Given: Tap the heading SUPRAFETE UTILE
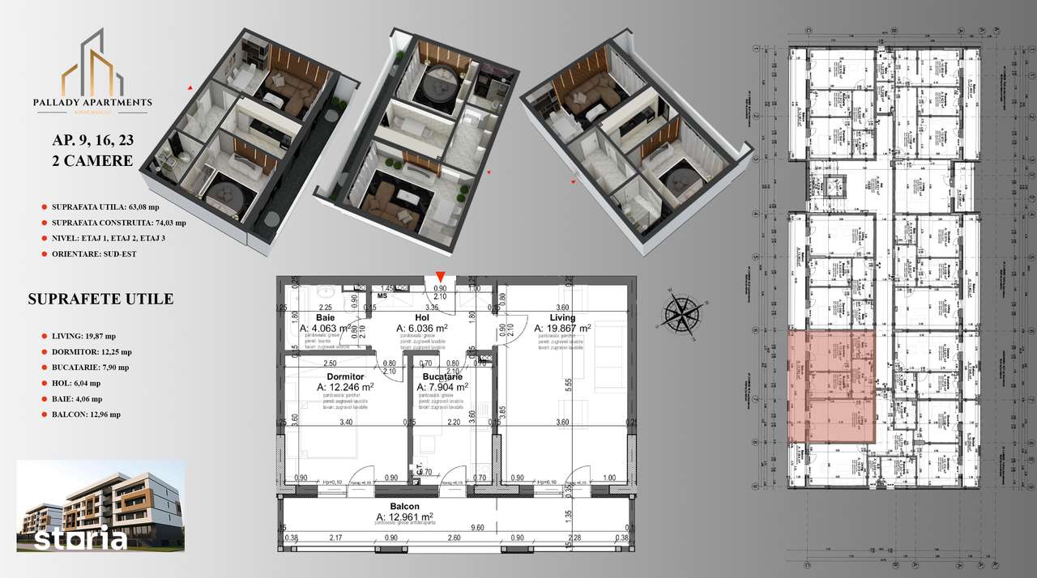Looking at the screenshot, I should tap(100, 300).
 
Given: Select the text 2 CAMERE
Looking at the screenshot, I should tap(92, 160).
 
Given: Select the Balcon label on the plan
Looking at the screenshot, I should tap(404, 505).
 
